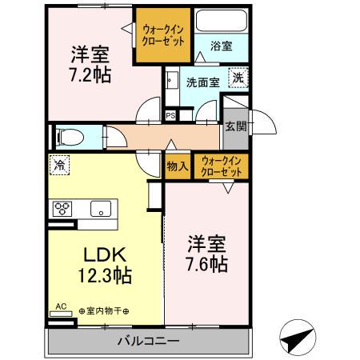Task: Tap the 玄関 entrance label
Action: [x=235, y=126]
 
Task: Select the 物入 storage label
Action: [x=177, y=166]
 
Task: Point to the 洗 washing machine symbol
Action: [x=238, y=78]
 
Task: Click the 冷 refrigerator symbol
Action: [x=59, y=165]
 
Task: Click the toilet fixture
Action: [x=69, y=136]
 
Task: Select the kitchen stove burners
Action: [x=62, y=210]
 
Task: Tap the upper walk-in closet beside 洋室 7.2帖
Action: [x=164, y=34]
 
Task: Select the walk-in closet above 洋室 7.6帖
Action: [x=219, y=166]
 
